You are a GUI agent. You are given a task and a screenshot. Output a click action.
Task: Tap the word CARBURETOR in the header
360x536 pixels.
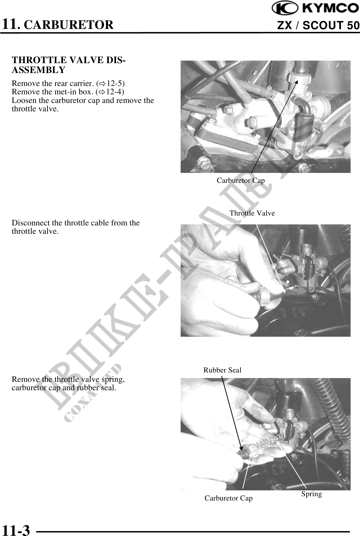[x=70, y=25]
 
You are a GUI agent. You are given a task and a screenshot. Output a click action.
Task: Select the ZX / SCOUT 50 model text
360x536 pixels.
[x=318, y=25]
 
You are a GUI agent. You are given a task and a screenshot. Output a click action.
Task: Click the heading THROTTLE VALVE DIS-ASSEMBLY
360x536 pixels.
[x=68, y=65]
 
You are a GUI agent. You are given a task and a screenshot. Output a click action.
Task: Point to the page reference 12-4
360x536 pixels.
[x=114, y=92]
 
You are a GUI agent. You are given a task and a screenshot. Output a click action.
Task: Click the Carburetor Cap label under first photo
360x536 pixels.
[x=241, y=180]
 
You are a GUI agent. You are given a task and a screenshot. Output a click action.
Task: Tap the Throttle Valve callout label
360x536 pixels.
[x=252, y=213]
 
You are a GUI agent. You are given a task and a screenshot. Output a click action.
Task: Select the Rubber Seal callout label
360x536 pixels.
[x=222, y=370]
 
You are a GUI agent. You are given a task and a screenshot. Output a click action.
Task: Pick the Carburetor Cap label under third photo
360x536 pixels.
[x=228, y=498]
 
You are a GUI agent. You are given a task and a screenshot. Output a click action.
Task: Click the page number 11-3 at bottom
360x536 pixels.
[x=16, y=530]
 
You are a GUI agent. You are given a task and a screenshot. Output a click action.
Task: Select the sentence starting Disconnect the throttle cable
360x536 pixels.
[x=76, y=227]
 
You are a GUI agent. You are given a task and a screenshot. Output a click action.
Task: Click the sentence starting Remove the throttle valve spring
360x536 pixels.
[x=68, y=383]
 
